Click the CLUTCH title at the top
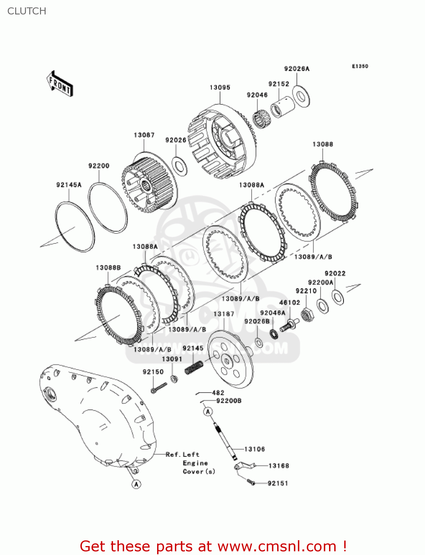(x=27, y=11)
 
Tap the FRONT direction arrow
(x=60, y=84)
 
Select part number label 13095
(x=220, y=87)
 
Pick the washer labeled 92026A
(x=301, y=97)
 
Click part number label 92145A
(x=69, y=185)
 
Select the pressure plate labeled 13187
(x=230, y=359)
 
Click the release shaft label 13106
(x=255, y=449)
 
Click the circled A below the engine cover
(x=136, y=484)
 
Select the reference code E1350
(x=360, y=66)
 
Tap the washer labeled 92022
(x=338, y=297)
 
